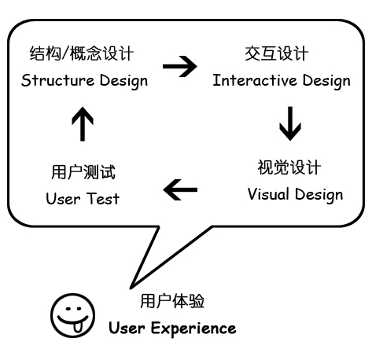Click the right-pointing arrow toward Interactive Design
click(x=180, y=66)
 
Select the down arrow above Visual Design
click(x=290, y=123)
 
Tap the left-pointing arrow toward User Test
click(x=180, y=189)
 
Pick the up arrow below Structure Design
click(x=83, y=124)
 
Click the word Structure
click(x=57, y=80)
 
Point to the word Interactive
click(x=255, y=80)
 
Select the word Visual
click(x=268, y=194)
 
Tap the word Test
click(x=103, y=198)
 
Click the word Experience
click(x=193, y=329)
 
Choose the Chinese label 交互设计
click(x=277, y=53)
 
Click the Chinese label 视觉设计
click(x=289, y=167)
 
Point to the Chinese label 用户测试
click(x=83, y=172)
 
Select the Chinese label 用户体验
click(x=172, y=301)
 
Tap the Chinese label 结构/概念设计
click(x=82, y=53)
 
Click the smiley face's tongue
click(x=78, y=327)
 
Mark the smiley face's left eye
click(x=68, y=309)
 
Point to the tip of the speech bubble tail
click(x=131, y=288)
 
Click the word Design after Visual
click(x=319, y=195)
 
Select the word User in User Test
click(x=63, y=199)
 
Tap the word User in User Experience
click(x=127, y=328)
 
